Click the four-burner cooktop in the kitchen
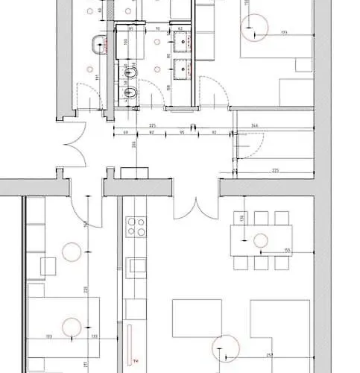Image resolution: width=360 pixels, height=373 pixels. click(x=136, y=225)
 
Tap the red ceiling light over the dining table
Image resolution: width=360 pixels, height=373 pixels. click(x=261, y=240)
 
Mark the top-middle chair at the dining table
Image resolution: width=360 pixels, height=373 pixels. click(x=261, y=218)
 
